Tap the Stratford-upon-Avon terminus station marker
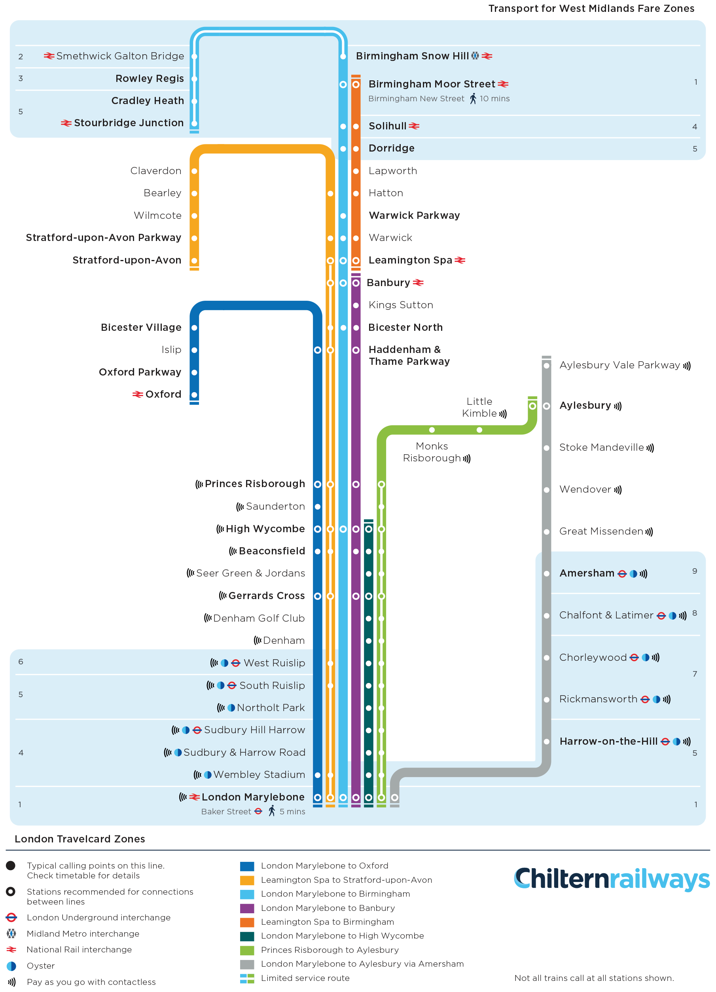point(194,261)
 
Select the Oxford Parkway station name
point(140,372)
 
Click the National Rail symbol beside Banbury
point(418,283)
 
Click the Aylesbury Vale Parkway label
point(619,365)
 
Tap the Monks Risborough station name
point(432,452)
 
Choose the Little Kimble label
point(479,407)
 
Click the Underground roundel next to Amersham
point(622,574)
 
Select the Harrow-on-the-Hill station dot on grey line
point(546,742)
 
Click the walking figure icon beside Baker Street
point(272,811)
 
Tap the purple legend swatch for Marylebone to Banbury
point(247,909)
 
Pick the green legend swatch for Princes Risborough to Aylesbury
point(247,950)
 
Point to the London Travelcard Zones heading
point(80,839)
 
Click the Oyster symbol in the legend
point(12,966)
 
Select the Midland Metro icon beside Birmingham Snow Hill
point(475,56)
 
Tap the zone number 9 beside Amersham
point(695,571)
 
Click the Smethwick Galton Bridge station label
point(120,56)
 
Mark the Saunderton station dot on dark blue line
point(318,507)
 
